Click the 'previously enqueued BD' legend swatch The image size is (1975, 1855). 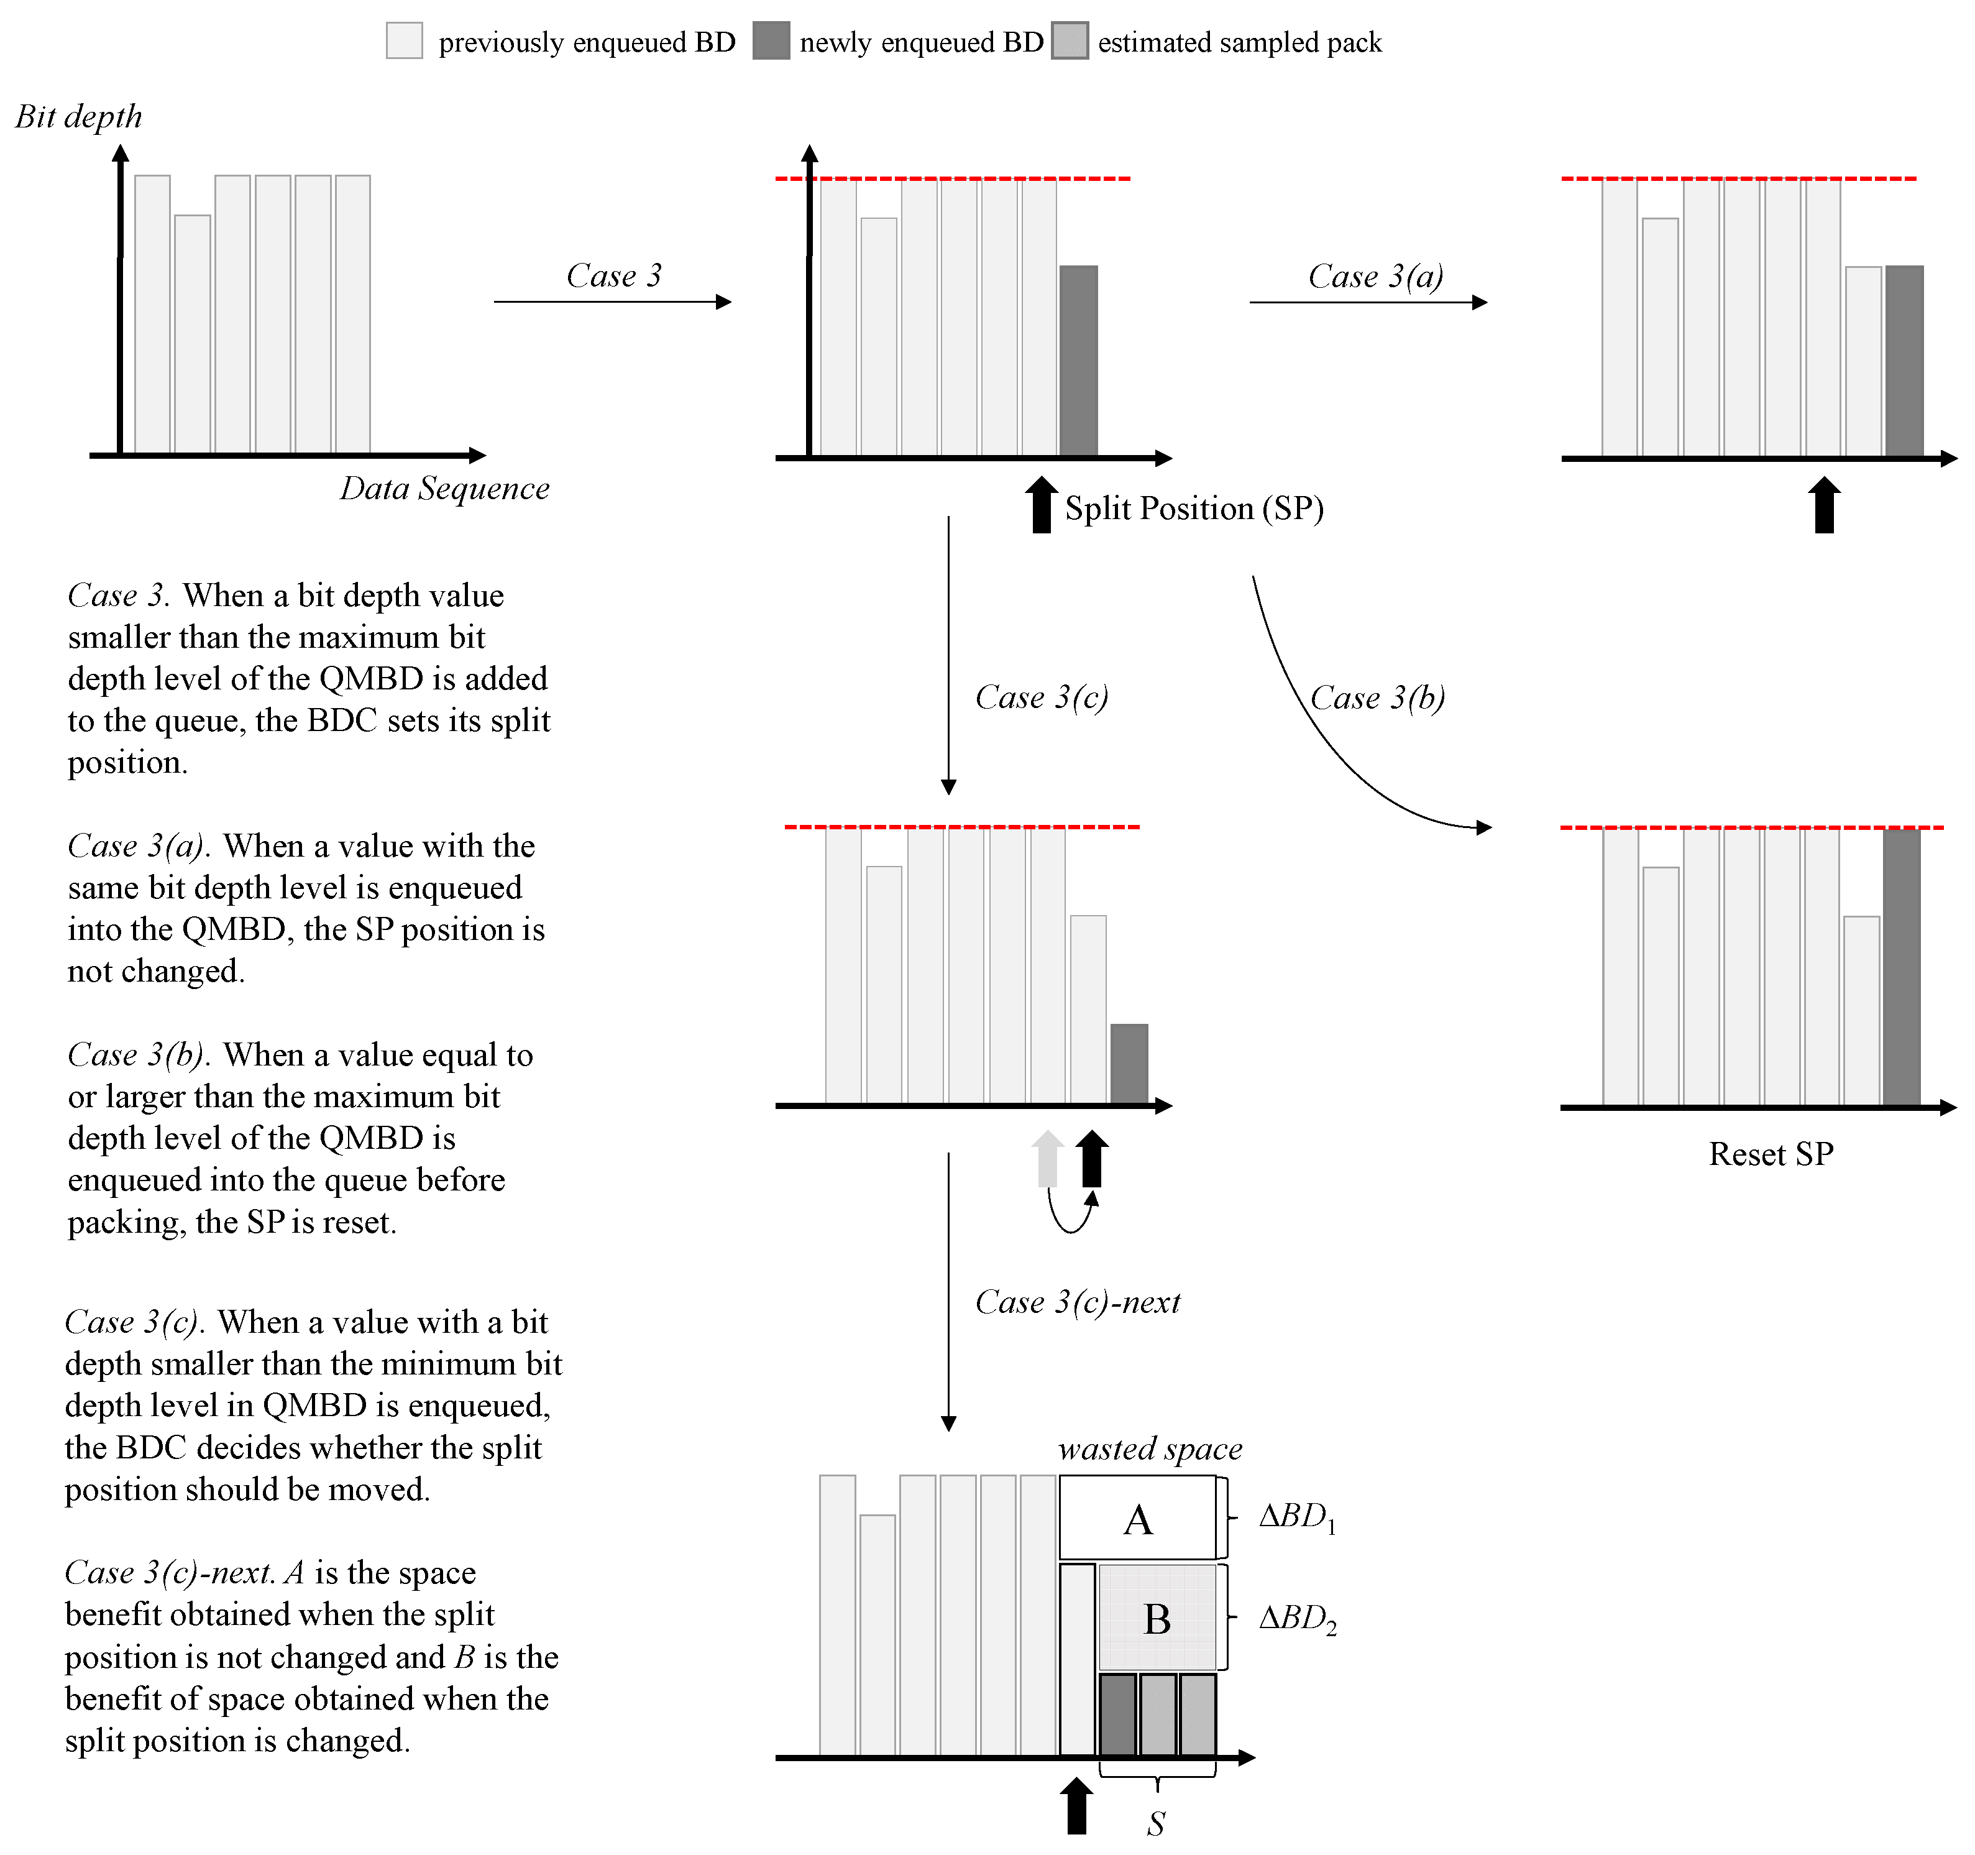coord(405,41)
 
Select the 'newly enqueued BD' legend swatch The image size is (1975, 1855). coord(771,41)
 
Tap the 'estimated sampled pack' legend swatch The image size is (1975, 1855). coord(1070,41)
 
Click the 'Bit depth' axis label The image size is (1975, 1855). coord(78,117)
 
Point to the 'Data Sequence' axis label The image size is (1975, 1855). coord(444,489)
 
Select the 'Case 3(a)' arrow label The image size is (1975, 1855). coord(1375,276)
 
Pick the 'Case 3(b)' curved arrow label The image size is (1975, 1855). coord(1377,697)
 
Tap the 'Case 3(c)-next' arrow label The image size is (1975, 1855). coord(1078,1302)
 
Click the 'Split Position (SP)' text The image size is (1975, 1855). coord(1194,509)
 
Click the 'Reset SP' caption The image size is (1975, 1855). coord(1771,1154)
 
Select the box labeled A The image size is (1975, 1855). coord(1137,1518)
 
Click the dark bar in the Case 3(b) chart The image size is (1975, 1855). coord(1900,967)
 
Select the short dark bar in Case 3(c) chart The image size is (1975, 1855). coord(1129,1063)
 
